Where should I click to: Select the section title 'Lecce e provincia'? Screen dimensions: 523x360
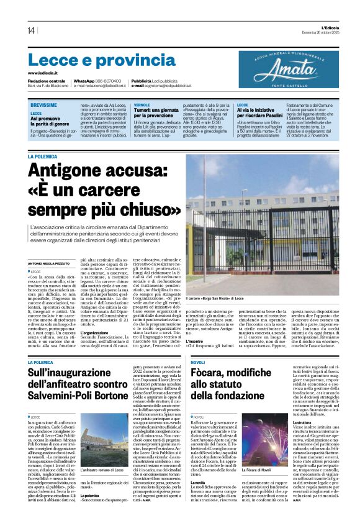(x=102, y=60)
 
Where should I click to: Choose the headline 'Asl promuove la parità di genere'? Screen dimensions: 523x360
(x=50, y=121)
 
